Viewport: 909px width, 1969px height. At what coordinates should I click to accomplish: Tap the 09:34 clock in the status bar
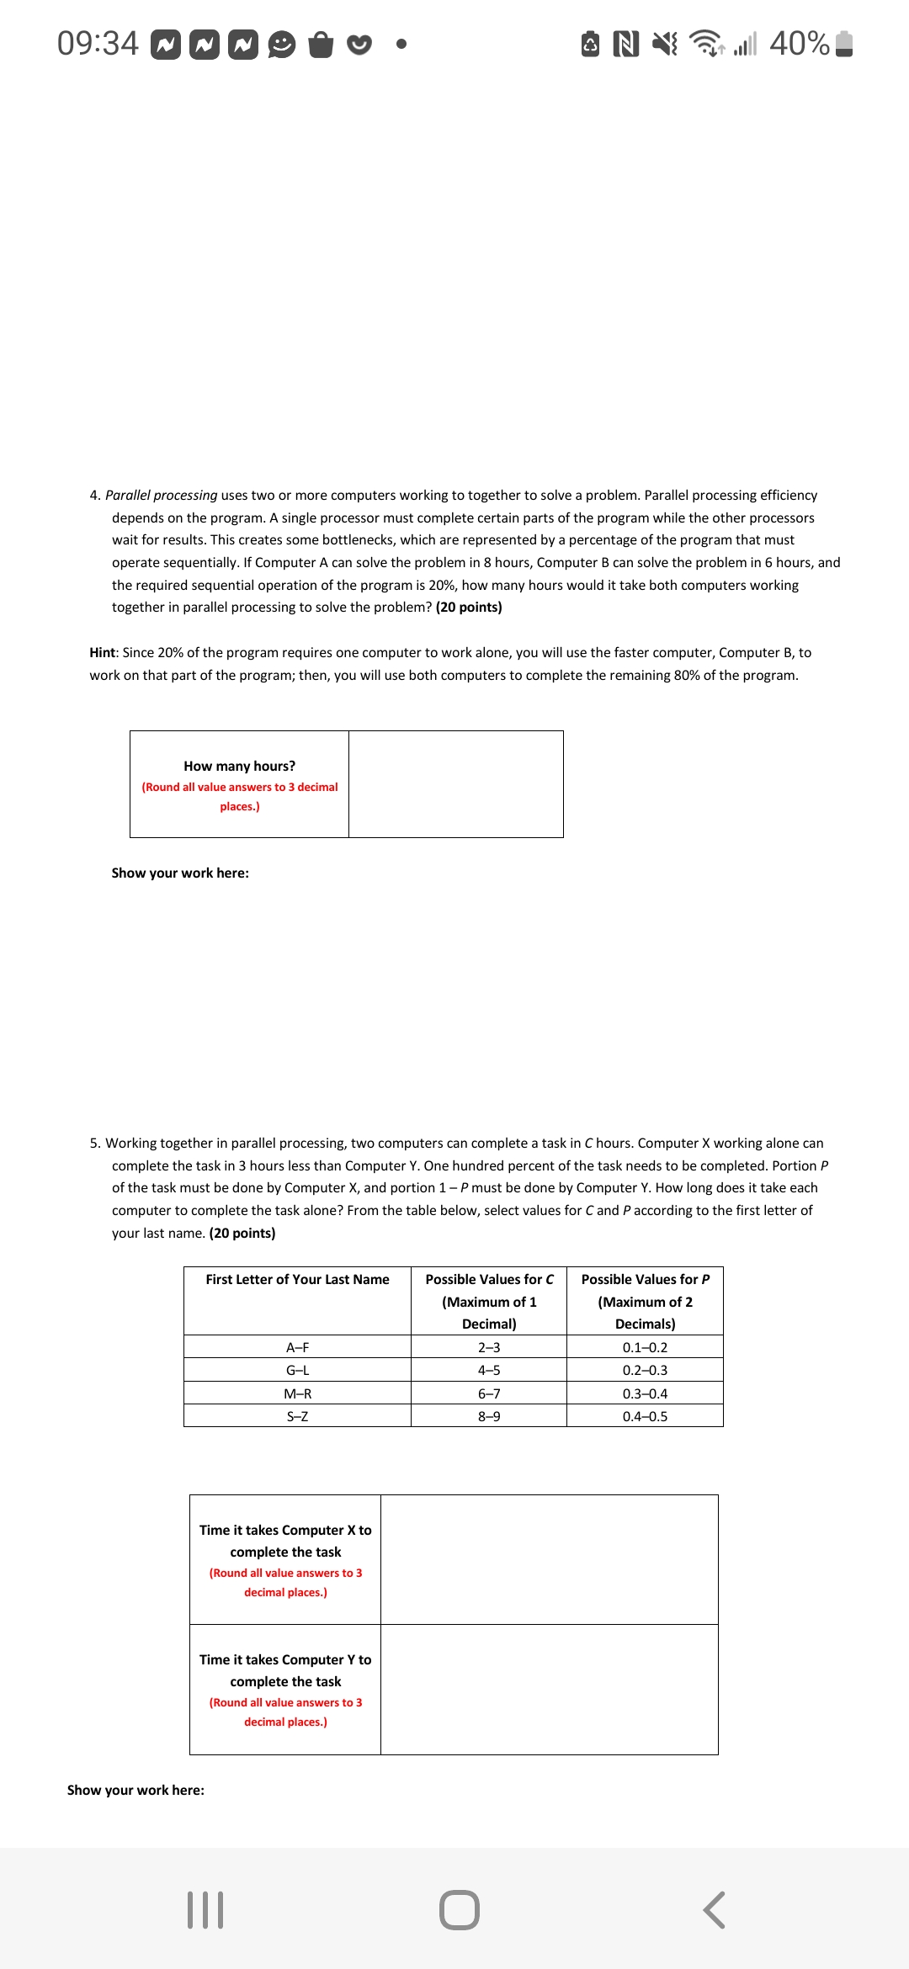click(98, 43)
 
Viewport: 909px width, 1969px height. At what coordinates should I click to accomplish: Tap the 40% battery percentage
click(799, 43)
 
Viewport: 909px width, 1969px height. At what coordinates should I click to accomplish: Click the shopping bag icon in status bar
click(321, 44)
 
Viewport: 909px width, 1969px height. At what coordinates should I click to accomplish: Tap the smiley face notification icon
click(282, 44)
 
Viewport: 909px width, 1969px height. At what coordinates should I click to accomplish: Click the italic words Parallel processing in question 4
click(161, 496)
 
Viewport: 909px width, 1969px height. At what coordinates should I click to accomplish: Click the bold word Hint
click(102, 653)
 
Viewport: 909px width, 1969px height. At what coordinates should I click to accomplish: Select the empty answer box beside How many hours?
click(455, 784)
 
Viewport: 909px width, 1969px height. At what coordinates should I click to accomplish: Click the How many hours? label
click(239, 767)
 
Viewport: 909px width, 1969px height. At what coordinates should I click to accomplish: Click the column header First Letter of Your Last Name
click(297, 1280)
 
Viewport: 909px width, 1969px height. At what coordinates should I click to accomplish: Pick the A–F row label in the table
click(297, 1348)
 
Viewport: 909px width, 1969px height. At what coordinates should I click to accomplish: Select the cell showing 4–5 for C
click(488, 1371)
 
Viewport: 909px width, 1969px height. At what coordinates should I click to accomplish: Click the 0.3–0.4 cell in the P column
click(645, 1394)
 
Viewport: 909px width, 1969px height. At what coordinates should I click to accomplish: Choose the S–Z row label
click(297, 1417)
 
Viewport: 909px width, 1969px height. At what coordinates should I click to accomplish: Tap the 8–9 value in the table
click(488, 1417)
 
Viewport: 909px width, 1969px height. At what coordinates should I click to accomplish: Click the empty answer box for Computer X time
click(549, 1560)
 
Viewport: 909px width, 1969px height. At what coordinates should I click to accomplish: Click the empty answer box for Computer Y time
click(549, 1690)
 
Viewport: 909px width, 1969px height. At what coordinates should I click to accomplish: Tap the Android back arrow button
click(714, 1909)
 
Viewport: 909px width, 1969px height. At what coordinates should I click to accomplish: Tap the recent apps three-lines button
click(205, 1909)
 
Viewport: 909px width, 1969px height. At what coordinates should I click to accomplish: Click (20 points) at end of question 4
click(469, 608)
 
